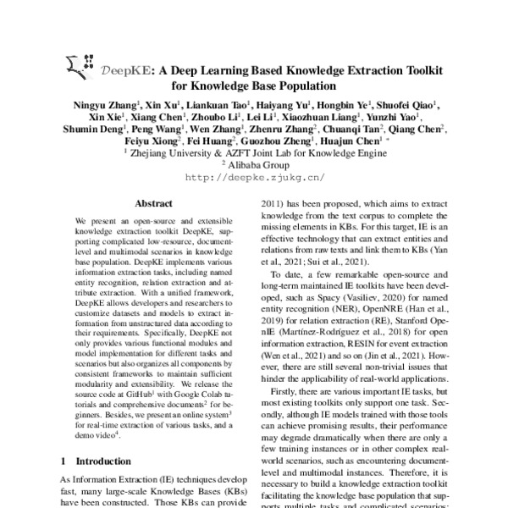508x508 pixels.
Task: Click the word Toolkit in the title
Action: [428, 71]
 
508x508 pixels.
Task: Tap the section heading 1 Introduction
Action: [99, 461]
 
